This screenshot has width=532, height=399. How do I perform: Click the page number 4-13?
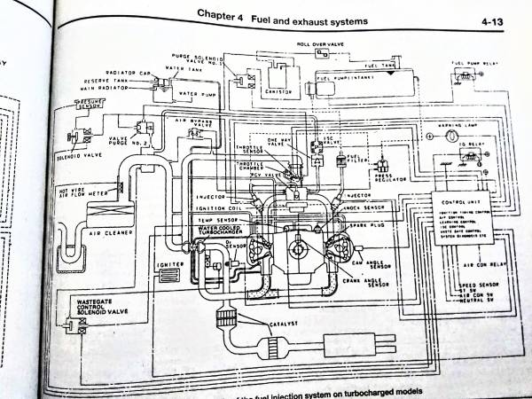click(494, 19)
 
